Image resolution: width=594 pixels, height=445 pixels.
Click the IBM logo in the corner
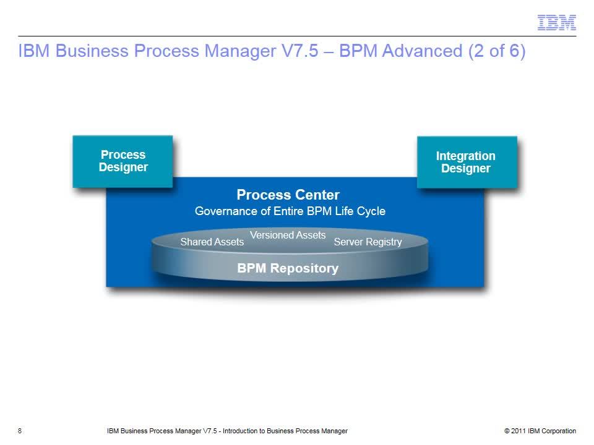tap(556, 23)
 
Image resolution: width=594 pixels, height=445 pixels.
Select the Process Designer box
tap(123, 161)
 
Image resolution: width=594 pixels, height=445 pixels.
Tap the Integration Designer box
tap(467, 163)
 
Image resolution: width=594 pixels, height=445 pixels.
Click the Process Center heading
tap(288, 195)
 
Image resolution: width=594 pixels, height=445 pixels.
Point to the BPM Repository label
tap(288, 268)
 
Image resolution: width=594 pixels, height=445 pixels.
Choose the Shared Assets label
tap(212, 242)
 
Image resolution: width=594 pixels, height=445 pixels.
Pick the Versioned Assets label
tap(288, 235)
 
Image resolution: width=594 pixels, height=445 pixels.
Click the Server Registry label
tap(368, 242)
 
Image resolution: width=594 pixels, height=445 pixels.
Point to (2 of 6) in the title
tap(497, 51)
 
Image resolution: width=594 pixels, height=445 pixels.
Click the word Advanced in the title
tap(423, 51)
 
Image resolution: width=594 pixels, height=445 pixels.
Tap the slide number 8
tap(20, 431)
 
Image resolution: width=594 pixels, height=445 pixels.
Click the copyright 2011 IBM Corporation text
tap(540, 431)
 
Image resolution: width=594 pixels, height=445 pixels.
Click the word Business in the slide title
tap(92, 51)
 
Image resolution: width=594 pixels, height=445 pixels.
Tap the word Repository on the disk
tap(304, 268)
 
